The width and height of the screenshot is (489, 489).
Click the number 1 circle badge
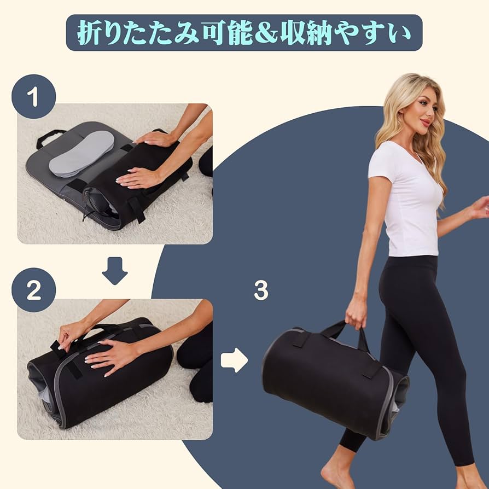(x=33, y=96)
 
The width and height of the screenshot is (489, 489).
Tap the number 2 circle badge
(x=33, y=289)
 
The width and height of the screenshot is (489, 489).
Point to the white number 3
(x=261, y=291)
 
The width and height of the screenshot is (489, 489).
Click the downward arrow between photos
(x=114, y=270)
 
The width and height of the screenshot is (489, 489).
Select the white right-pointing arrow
(x=234, y=359)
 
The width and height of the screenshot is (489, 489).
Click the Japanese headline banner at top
(x=244, y=33)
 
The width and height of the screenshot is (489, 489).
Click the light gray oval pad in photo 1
(x=81, y=153)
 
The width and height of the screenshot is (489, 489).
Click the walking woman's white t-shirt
(x=408, y=202)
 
